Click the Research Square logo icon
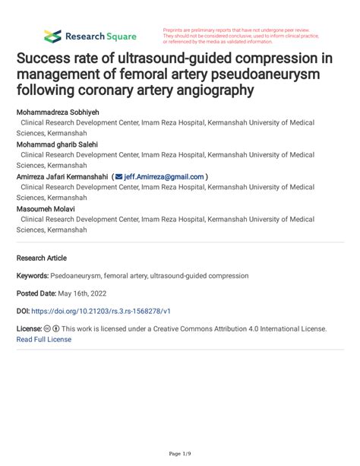pos(52,36)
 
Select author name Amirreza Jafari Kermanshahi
pos(62,176)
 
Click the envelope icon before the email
pos(118,176)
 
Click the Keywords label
pos(32,275)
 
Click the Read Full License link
pos(44,339)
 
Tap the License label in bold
pos(29,329)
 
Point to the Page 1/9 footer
pos(180,454)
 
